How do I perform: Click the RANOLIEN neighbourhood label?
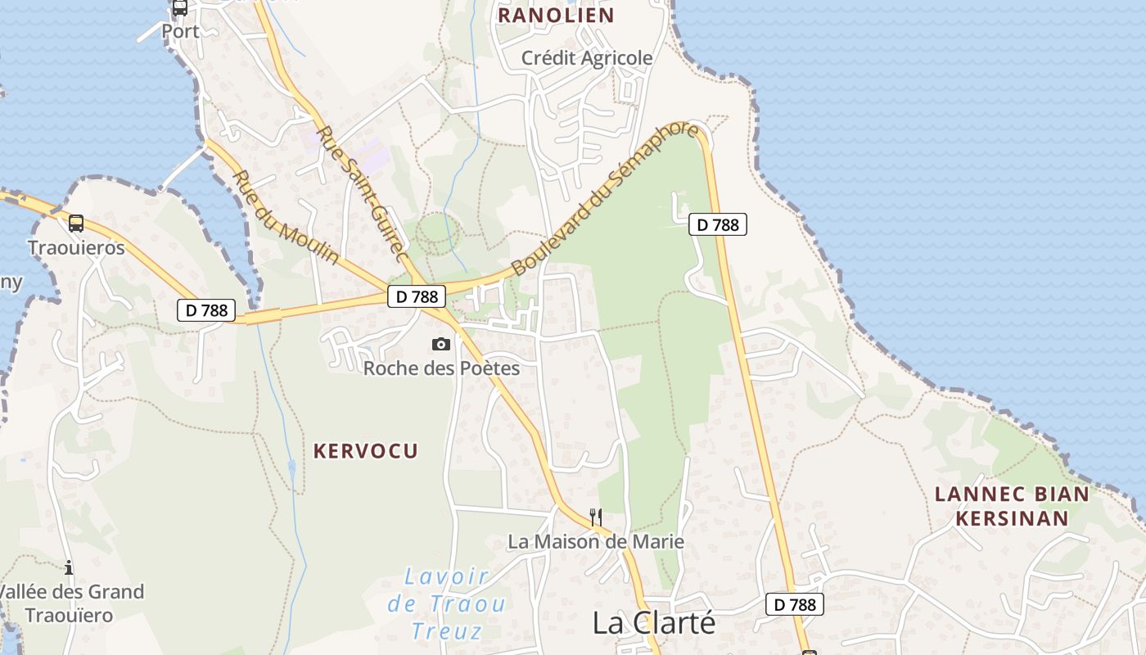[x=556, y=16]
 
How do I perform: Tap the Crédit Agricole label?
[x=588, y=58]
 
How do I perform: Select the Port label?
[x=180, y=31]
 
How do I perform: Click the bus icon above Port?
[x=180, y=8]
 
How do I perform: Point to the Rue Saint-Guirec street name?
[x=361, y=194]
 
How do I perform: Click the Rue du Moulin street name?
[x=285, y=217]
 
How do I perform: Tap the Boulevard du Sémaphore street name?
[x=606, y=199]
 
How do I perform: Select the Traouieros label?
[x=76, y=248]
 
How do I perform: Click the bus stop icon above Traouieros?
[x=76, y=223]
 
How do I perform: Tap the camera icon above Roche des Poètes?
[x=441, y=345]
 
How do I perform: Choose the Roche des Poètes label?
[x=441, y=368]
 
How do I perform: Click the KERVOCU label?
[x=366, y=450]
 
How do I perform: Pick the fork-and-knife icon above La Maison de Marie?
[x=596, y=517]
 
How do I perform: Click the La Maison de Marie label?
[x=596, y=542]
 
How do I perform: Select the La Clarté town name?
[x=654, y=623]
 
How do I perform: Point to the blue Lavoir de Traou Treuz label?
[x=446, y=603]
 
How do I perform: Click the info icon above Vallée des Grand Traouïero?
[x=69, y=567]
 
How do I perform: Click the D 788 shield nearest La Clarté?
[x=795, y=605]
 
